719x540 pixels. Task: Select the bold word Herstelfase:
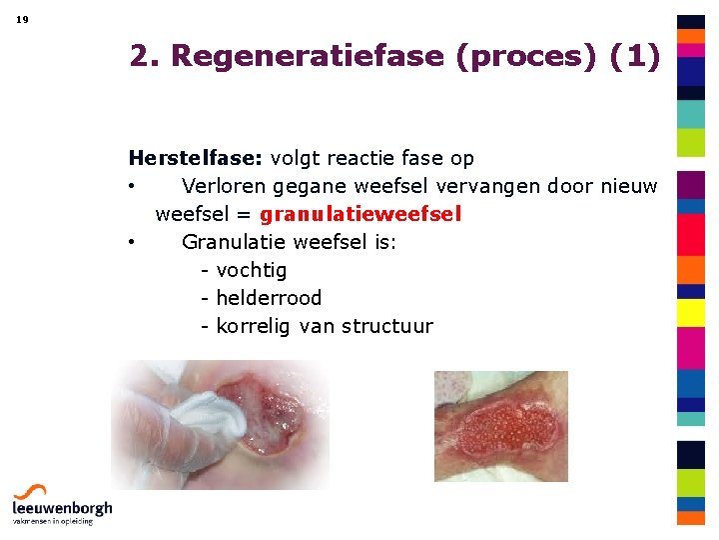point(196,158)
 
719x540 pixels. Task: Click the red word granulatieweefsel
point(360,214)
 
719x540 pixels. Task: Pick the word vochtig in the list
point(252,270)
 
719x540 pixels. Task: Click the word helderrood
point(269,298)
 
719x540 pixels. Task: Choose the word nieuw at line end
point(629,186)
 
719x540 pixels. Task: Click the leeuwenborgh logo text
point(62,508)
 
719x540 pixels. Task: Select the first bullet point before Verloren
point(131,187)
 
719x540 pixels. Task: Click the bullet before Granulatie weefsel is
point(131,243)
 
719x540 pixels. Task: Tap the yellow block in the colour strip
point(691,313)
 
